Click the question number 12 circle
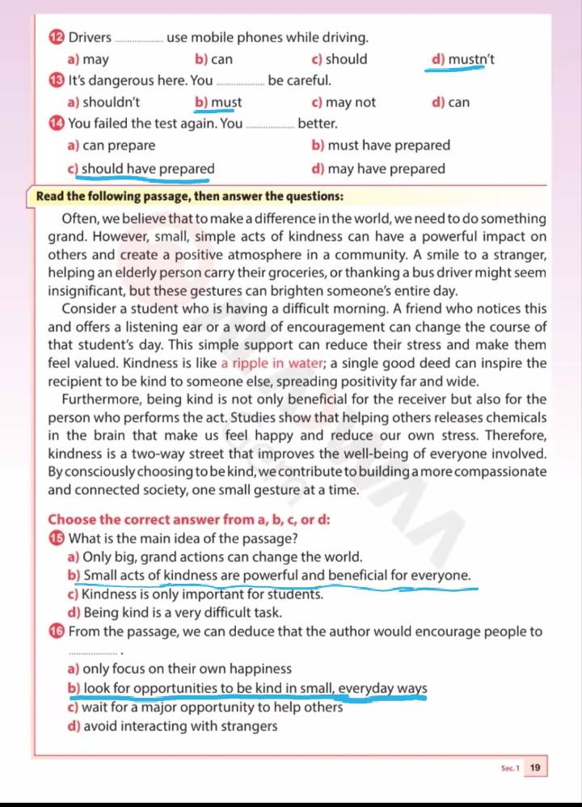[x=56, y=37]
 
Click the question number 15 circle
[x=56, y=539]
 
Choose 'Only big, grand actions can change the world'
[x=222, y=557]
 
